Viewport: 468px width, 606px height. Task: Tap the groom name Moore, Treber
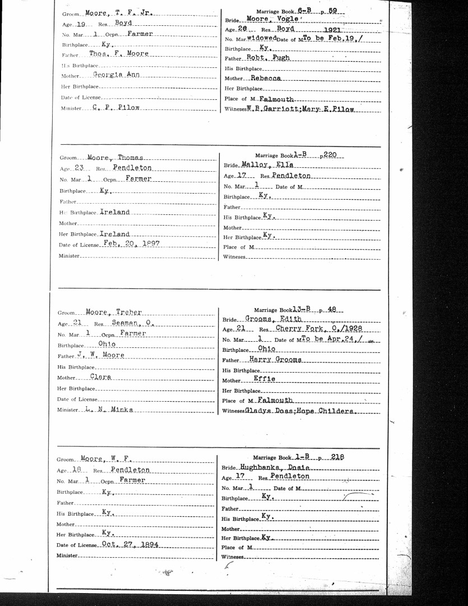113,312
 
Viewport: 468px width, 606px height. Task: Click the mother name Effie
265,379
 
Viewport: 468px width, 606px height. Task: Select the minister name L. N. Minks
109,410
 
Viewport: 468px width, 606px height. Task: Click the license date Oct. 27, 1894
131,544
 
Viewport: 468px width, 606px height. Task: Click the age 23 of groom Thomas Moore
78,168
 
